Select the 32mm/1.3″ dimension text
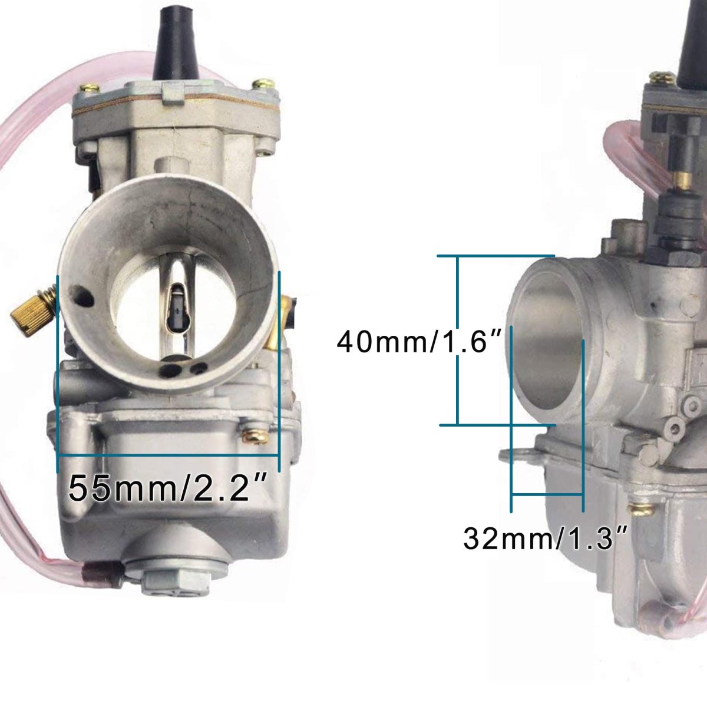tap(544, 538)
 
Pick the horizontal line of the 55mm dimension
tap(169, 455)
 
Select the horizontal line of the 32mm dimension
tap(547, 494)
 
